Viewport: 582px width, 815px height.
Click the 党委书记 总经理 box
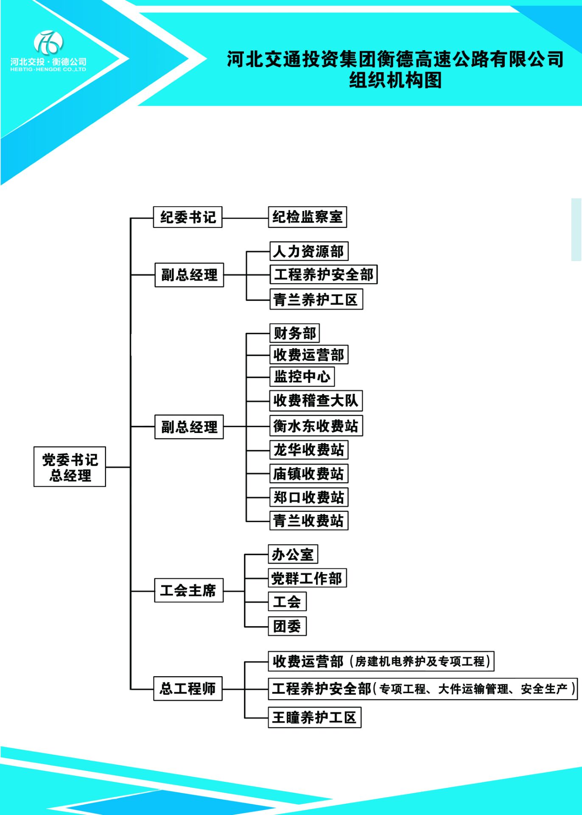coord(70,467)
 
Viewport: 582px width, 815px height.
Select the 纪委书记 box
coord(187,217)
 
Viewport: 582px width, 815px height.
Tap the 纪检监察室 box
coord(308,217)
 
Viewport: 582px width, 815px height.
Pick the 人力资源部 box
coord(309,251)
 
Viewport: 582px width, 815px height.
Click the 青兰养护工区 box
coord(316,299)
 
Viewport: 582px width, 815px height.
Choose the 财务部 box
coord(294,333)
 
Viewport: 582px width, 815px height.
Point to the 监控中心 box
coord(302,377)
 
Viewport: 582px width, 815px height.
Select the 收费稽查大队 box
coord(316,400)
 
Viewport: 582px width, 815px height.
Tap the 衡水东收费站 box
coord(316,426)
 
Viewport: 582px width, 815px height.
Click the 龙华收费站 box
coord(309,450)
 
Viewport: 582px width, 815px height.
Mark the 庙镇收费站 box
coord(309,474)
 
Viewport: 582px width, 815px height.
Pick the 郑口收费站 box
coord(309,497)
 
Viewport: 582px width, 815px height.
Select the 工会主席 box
coord(188,590)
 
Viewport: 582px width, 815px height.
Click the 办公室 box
coord(293,554)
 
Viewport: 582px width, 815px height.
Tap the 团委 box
coord(287,626)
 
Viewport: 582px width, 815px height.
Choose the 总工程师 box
coord(187,689)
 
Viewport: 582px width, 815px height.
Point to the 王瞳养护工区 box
coord(314,717)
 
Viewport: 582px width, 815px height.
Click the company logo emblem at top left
coord(48,42)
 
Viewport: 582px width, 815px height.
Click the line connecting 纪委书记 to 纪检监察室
coord(245,218)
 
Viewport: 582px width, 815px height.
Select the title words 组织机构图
coord(395,80)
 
